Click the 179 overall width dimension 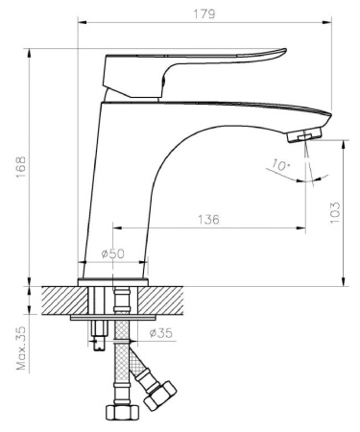pyautogui.click(x=204, y=14)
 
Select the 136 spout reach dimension pyautogui.click(x=208, y=220)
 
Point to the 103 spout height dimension pyautogui.click(x=335, y=213)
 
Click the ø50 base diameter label pyautogui.click(x=112, y=253)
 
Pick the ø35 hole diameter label pyautogui.click(x=160, y=333)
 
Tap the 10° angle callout pyautogui.click(x=281, y=165)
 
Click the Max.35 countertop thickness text pyautogui.click(x=21, y=348)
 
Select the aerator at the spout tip pyautogui.click(x=304, y=134)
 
